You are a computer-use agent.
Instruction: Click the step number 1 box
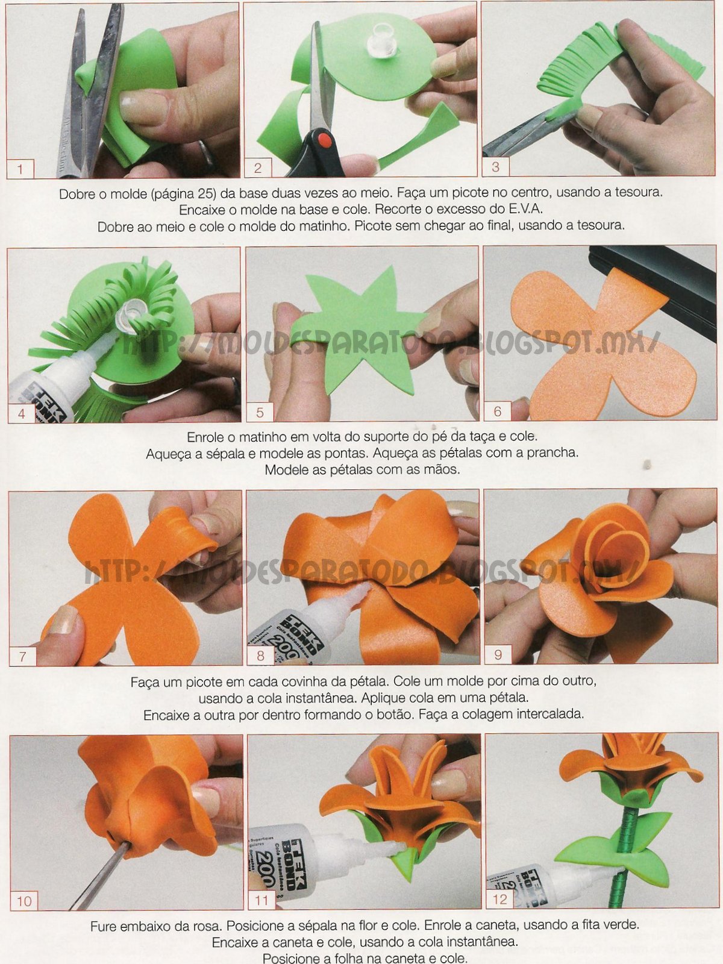20,169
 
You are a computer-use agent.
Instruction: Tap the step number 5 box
260,413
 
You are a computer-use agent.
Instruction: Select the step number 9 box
498,655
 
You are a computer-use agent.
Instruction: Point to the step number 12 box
499,899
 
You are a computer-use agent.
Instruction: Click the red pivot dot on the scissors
324,140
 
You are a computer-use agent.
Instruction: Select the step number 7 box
22,657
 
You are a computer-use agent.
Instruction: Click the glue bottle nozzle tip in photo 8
367,587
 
